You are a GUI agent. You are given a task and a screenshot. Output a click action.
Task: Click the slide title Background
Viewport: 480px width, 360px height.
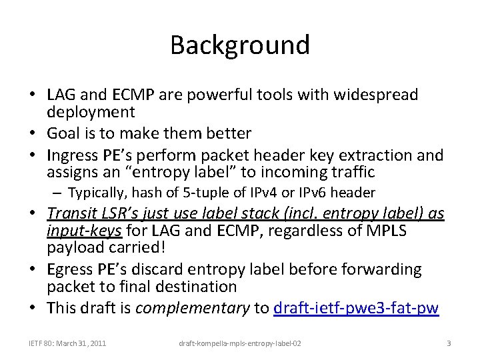[240, 45]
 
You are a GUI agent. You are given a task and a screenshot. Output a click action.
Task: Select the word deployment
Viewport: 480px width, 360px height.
[91, 112]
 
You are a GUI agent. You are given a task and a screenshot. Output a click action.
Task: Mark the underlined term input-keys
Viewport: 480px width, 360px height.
[84, 231]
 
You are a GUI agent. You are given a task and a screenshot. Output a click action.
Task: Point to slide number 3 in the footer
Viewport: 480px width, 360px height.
[449, 343]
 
